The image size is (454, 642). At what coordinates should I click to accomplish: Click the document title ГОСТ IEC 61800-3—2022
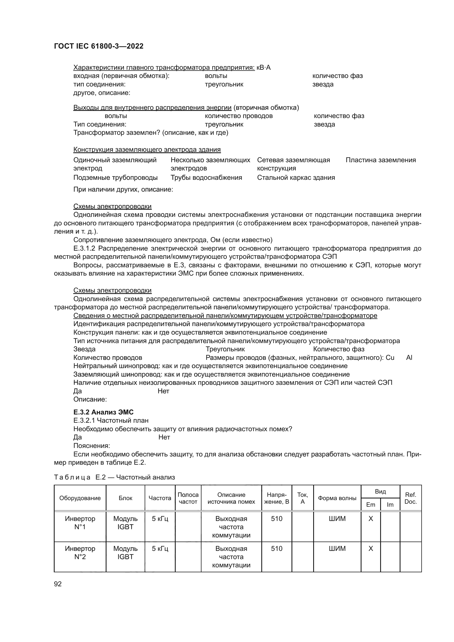coord(99,46)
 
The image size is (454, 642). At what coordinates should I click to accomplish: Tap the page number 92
coord(58,584)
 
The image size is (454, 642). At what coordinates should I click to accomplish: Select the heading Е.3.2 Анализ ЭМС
coord(103,412)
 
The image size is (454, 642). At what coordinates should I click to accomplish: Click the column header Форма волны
coord(337,498)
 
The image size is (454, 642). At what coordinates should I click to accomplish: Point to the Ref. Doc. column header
coord(410,498)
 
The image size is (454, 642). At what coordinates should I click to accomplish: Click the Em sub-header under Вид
coord(370,504)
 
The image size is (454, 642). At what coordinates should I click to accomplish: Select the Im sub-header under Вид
coord(390,504)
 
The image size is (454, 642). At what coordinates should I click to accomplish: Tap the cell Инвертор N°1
coord(80,523)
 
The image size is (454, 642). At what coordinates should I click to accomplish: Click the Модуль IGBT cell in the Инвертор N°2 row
coord(125,553)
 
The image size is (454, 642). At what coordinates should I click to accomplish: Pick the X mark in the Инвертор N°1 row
coord(371,519)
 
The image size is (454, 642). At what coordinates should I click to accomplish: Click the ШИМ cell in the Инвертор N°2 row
coord(337,549)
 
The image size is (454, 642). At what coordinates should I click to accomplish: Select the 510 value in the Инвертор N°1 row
coord(276,519)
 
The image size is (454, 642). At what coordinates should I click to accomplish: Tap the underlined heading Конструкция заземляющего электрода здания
coord(147,150)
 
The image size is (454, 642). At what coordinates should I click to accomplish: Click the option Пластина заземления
coord(380,160)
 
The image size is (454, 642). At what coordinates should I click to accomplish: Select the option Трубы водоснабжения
coord(206,178)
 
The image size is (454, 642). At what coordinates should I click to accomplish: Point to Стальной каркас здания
coord(296,178)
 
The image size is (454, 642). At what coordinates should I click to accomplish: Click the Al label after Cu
coord(409,358)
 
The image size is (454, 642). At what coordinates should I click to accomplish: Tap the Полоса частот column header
coord(188,498)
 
